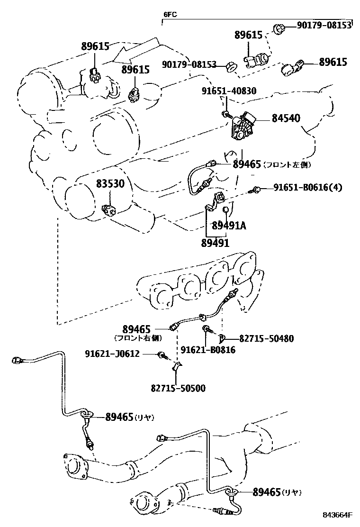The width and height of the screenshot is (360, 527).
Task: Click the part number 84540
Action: (x=286, y=118)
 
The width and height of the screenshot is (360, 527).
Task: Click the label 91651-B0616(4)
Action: (x=307, y=188)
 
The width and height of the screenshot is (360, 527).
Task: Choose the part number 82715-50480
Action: (x=266, y=338)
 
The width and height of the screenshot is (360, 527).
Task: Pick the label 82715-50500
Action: (x=178, y=388)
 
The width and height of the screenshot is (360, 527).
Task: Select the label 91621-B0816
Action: (x=208, y=350)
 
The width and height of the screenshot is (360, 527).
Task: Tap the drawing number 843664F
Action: (x=339, y=515)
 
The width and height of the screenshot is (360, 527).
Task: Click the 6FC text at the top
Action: (x=170, y=14)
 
